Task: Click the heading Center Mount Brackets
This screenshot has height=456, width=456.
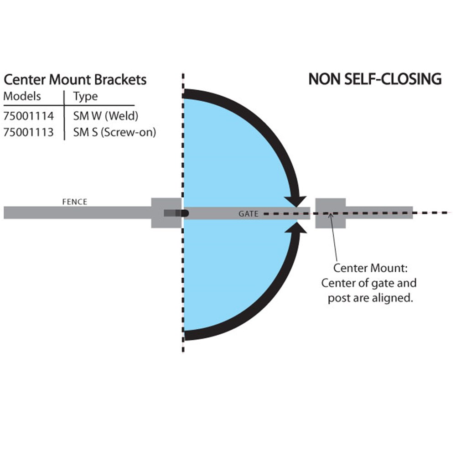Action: (x=75, y=80)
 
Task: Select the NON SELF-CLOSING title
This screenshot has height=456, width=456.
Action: (x=375, y=79)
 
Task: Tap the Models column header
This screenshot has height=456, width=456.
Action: (x=22, y=96)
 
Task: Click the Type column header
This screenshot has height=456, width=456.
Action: (x=85, y=97)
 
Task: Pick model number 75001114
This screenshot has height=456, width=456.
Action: (x=28, y=116)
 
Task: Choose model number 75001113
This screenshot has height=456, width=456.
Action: (x=28, y=132)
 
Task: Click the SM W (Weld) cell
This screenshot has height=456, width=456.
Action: (x=105, y=116)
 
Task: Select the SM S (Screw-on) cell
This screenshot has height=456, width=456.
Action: (x=114, y=132)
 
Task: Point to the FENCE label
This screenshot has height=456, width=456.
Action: (x=74, y=202)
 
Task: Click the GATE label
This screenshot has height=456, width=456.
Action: (x=249, y=213)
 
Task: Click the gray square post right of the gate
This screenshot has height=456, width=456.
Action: (x=330, y=213)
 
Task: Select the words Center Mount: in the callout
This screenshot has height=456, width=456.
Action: (x=369, y=268)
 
